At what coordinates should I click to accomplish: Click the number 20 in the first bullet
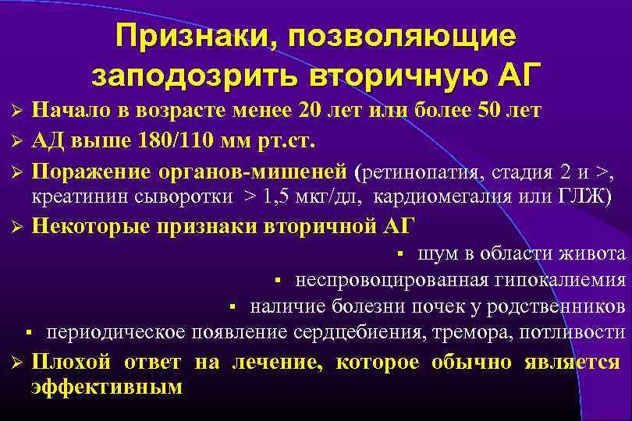[311, 110]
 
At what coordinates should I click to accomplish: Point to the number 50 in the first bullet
[486, 110]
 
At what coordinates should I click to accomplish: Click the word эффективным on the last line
[107, 387]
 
